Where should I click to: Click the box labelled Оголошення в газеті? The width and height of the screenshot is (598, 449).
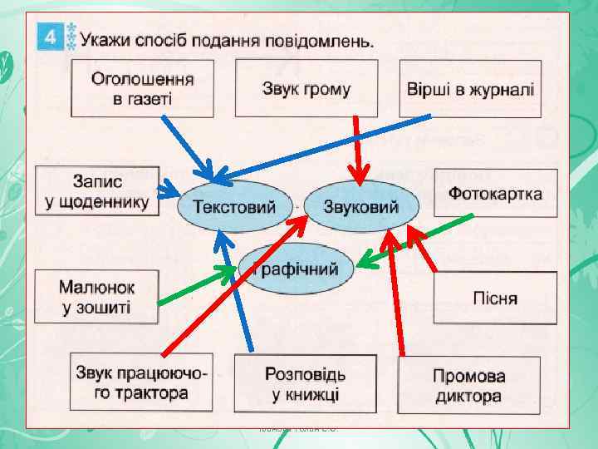(142, 89)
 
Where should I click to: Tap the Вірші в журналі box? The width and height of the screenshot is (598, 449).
(470, 89)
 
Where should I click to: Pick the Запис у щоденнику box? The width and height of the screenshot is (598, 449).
(98, 191)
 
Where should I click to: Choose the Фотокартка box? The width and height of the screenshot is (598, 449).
(495, 194)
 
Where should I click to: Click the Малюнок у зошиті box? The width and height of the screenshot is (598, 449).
(96, 297)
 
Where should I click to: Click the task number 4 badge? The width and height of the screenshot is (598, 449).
(49, 37)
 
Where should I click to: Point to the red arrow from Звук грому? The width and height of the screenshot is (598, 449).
(359, 150)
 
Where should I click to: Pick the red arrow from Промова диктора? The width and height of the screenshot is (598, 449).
(394, 291)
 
